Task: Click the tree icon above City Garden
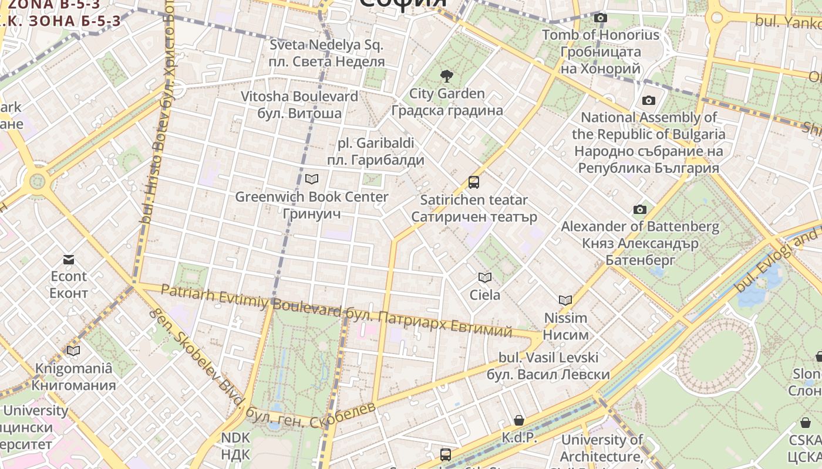point(446,76)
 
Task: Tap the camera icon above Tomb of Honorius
point(600,18)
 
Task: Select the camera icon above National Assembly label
point(648,100)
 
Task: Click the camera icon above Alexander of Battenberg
point(640,209)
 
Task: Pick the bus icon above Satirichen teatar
point(474,182)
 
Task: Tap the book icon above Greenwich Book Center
point(312,179)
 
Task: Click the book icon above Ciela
point(484,277)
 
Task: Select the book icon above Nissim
point(565,301)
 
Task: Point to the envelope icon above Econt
point(69,259)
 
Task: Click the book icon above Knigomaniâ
point(73,351)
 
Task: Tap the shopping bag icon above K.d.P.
point(519,420)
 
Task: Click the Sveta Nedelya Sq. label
point(326,45)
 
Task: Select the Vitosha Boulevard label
point(299,97)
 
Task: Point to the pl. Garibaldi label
point(376,143)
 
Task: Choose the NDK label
point(235,437)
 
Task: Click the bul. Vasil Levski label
point(548,358)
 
